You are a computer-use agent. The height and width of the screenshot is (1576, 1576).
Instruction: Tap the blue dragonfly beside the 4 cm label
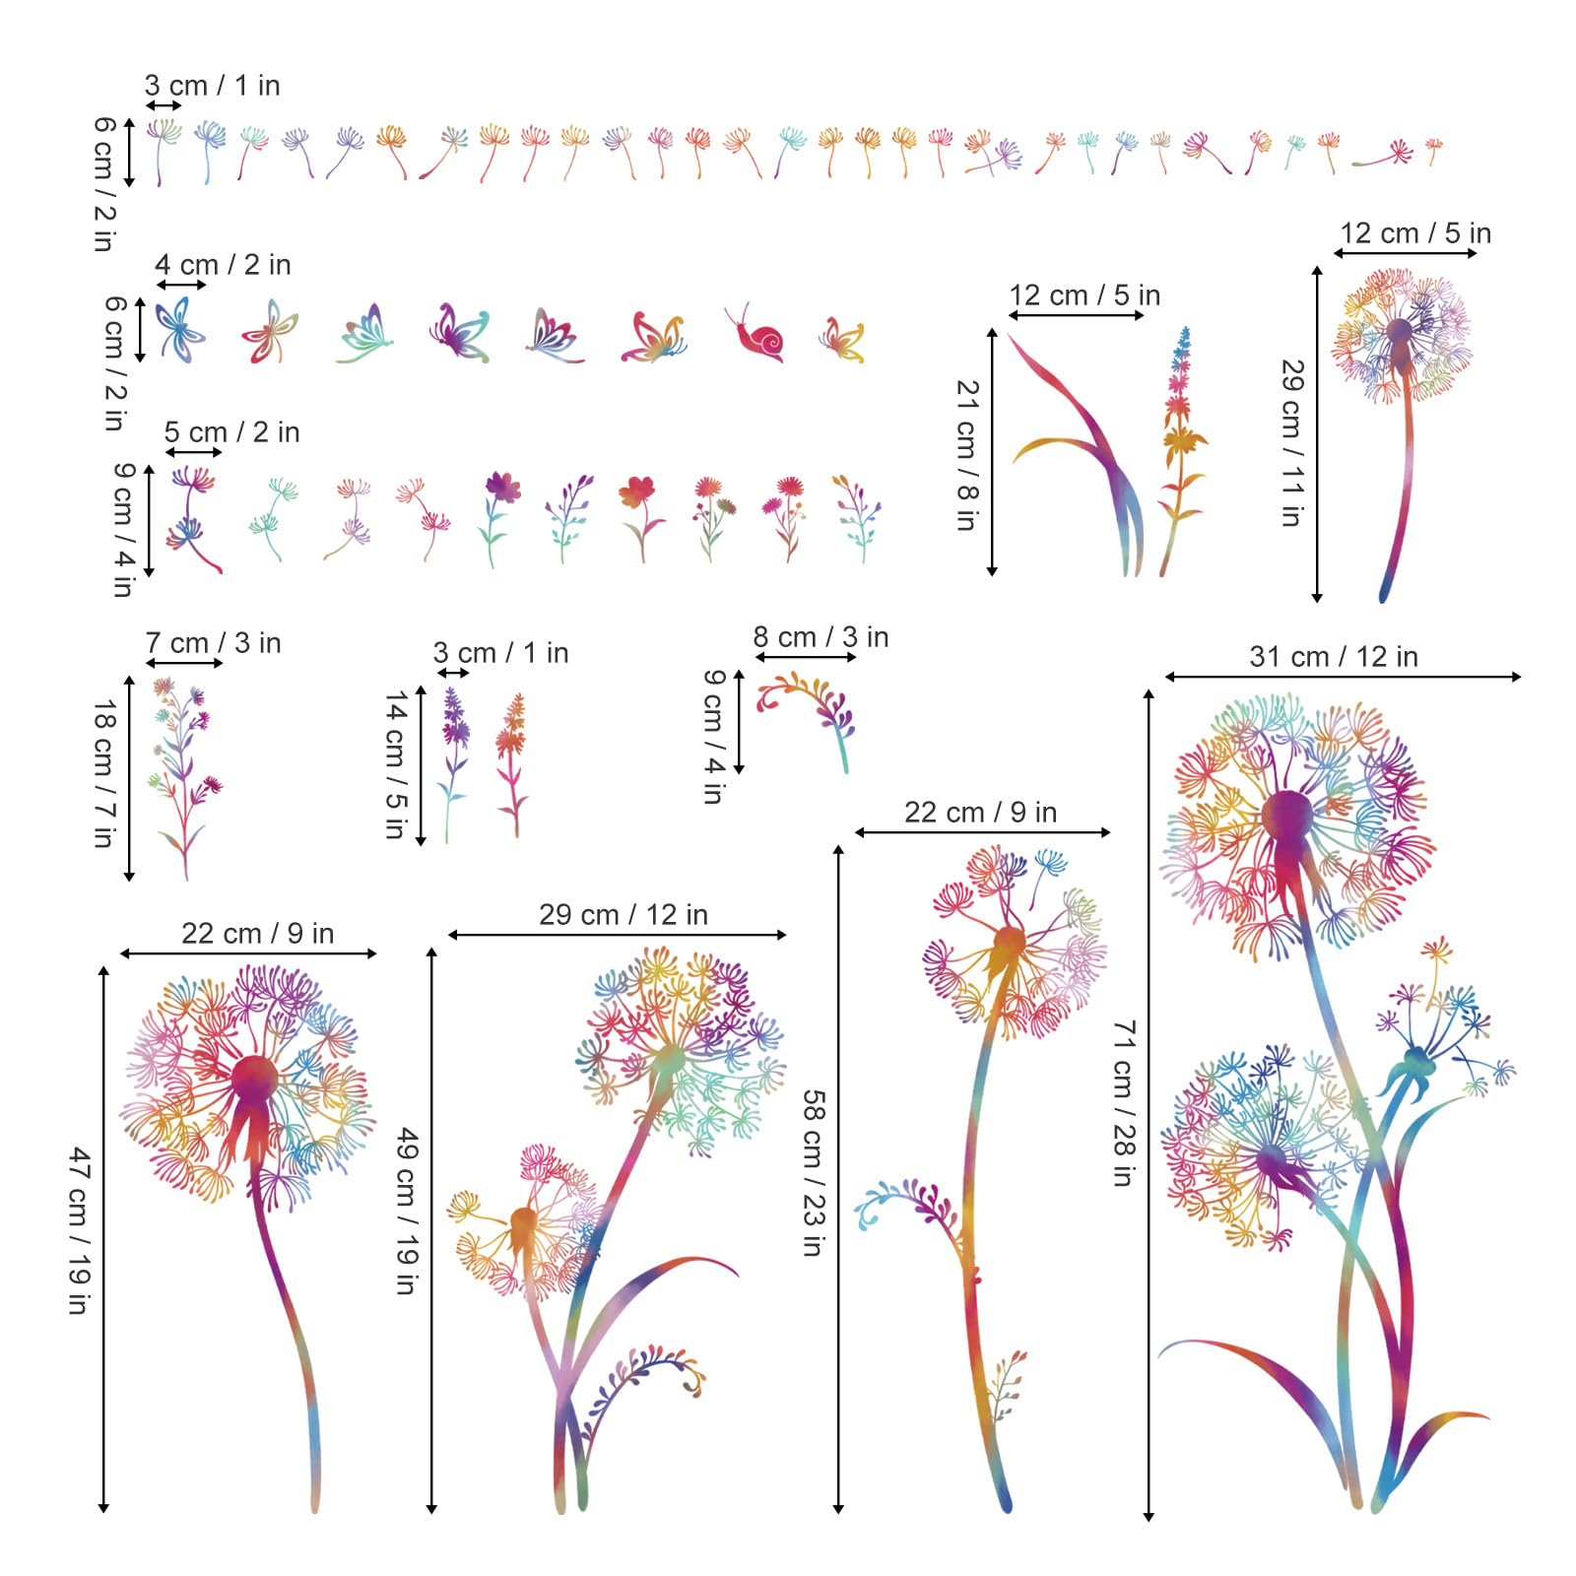pos(180,329)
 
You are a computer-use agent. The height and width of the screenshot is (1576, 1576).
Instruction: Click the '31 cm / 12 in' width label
pos(1334,656)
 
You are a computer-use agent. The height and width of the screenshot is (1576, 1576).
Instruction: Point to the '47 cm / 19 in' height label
pos(80,1230)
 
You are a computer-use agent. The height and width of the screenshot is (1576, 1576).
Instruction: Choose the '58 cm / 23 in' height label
pos(813,1172)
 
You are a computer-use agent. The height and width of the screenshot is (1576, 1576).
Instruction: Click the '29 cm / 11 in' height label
pos(1292,443)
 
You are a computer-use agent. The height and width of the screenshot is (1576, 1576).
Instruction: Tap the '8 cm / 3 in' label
pos(821,637)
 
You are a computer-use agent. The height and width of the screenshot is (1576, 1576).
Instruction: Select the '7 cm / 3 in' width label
pos(213,643)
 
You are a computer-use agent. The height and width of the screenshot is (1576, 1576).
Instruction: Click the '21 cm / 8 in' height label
pos(967,455)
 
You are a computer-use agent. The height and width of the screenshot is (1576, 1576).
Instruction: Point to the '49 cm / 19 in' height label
pos(408,1212)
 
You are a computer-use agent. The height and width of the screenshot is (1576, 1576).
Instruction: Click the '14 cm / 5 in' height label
pos(396,764)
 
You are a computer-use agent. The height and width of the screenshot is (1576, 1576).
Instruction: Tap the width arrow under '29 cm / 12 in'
pos(618,935)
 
